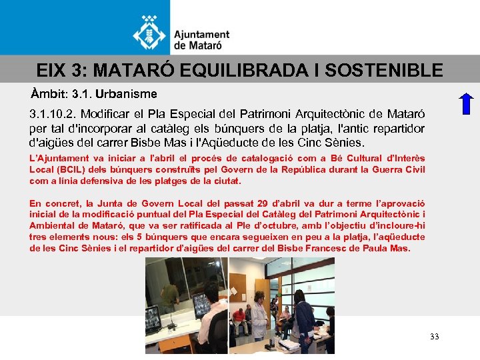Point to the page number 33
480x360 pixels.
click(x=435, y=337)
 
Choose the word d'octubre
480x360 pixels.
click(x=227, y=226)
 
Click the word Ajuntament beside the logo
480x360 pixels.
click(x=201, y=35)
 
